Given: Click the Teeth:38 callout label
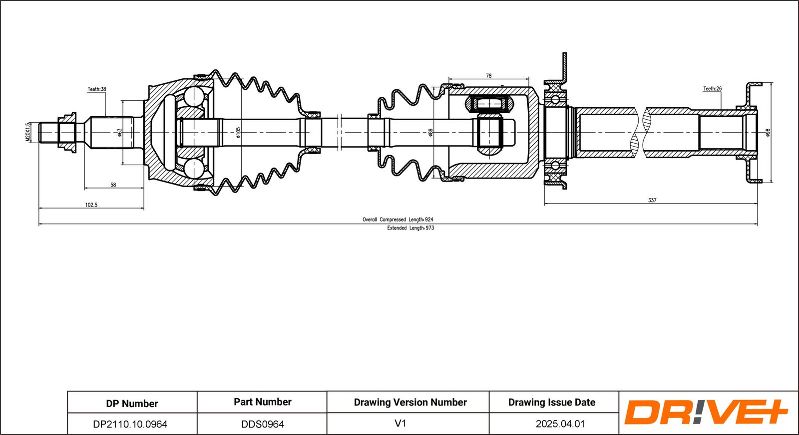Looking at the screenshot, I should pyautogui.click(x=97, y=89).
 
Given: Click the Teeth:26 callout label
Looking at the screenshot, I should pyautogui.click(x=712, y=89).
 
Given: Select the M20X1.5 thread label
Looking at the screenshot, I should pyautogui.click(x=28, y=132).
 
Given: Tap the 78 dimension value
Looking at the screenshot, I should pyautogui.click(x=488, y=76).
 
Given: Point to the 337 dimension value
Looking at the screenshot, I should pyautogui.click(x=652, y=200).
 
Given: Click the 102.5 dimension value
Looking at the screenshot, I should pyautogui.click(x=91, y=205).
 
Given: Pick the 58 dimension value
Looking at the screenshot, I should pyautogui.click(x=113, y=185).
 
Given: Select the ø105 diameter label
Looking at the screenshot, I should pyautogui.click(x=238, y=132).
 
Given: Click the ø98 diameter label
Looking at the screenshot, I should pyautogui.click(x=768, y=132).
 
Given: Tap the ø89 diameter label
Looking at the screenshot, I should pyautogui.click(x=430, y=132).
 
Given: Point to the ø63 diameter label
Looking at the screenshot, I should pyautogui.click(x=119, y=132).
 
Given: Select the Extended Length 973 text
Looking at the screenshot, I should pyautogui.click(x=410, y=228).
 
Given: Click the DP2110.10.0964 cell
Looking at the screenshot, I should pyautogui.click(x=130, y=424).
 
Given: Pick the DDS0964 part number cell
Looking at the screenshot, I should pyautogui.click(x=263, y=424).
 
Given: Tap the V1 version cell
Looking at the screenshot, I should pyautogui.click(x=400, y=424).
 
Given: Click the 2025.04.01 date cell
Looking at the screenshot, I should pyautogui.click(x=560, y=424).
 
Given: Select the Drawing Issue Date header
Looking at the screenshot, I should pyautogui.click(x=552, y=402).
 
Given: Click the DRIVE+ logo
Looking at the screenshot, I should pyautogui.click(x=706, y=413).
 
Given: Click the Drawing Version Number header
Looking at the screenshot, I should pyautogui.click(x=410, y=402).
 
